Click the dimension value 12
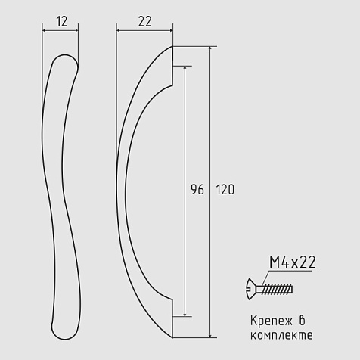click(62, 21)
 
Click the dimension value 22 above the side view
click(145, 21)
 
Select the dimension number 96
click(197, 190)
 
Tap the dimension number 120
click(225, 190)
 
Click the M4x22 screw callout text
click(293, 262)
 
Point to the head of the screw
click(251, 289)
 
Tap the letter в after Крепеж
click(302, 321)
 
